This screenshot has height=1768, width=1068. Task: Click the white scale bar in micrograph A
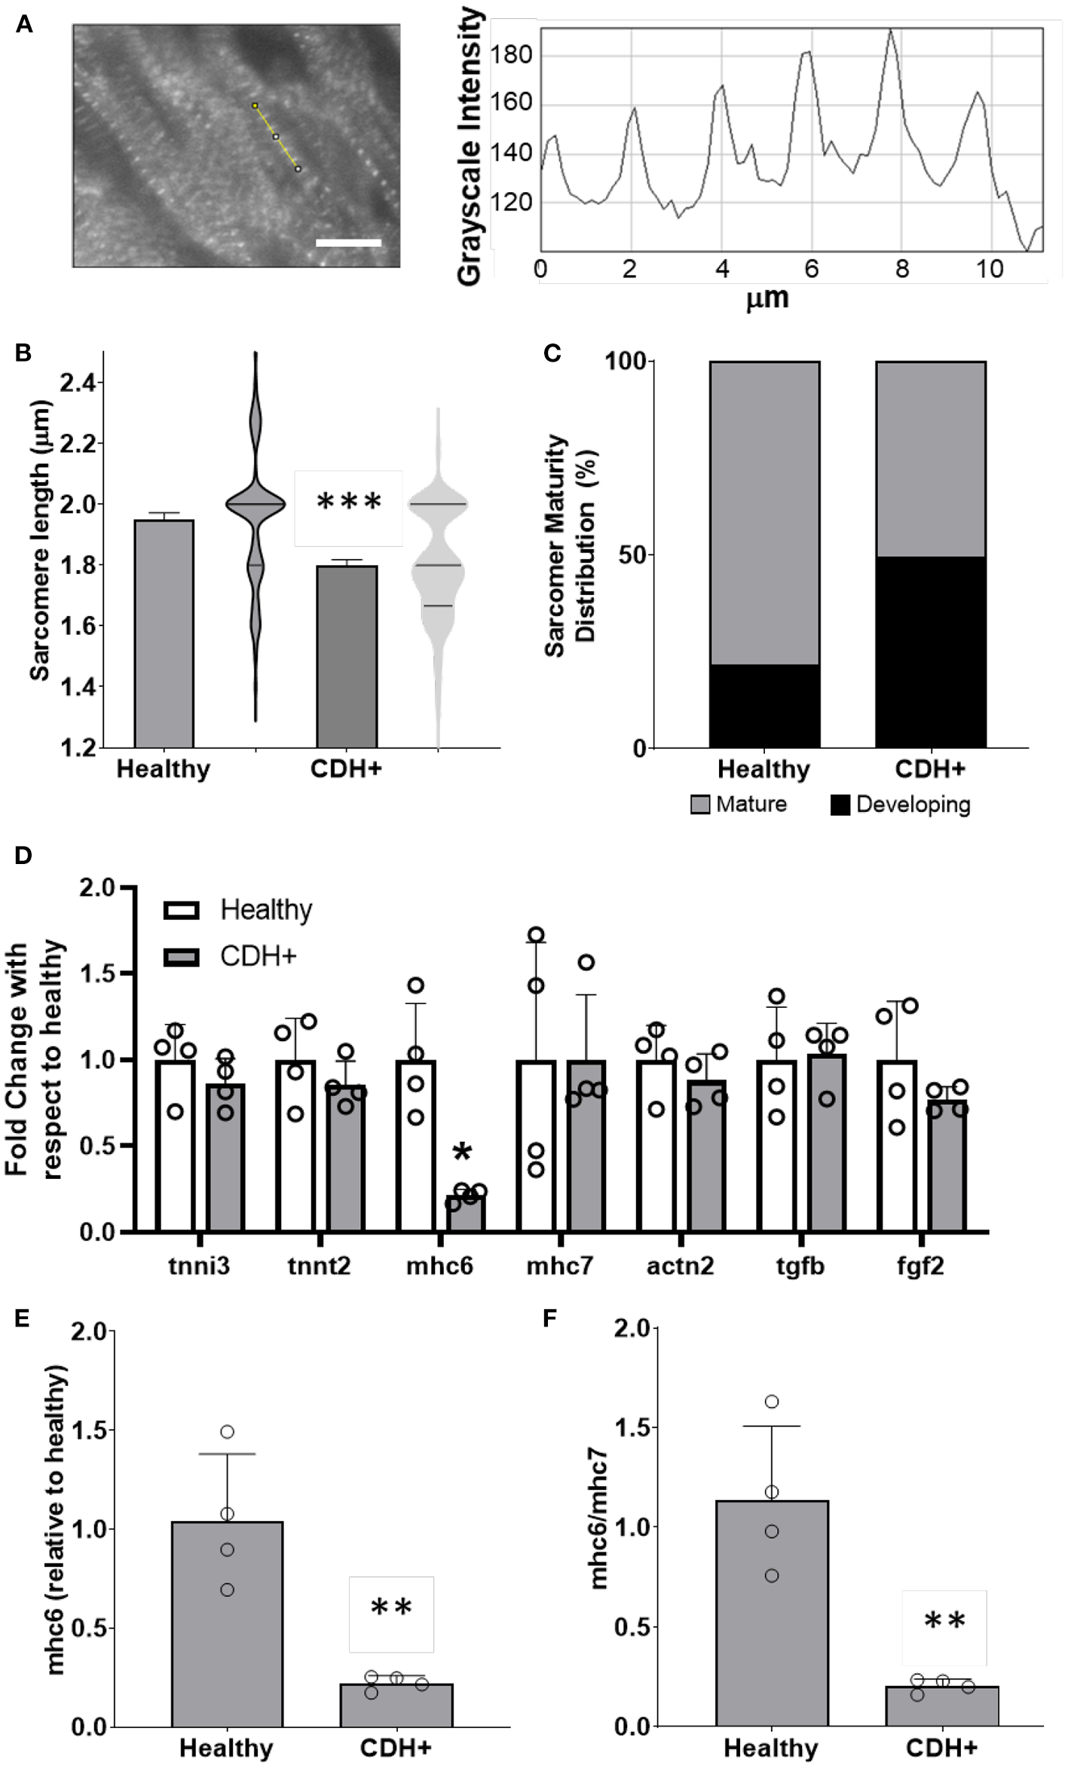pyautogui.click(x=348, y=243)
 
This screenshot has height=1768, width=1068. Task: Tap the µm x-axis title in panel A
pyautogui.click(x=767, y=298)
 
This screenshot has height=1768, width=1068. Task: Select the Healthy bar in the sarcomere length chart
pyautogui.click(x=164, y=633)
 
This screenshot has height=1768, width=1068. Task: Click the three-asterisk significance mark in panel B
pyautogui.click(x=349, y=502)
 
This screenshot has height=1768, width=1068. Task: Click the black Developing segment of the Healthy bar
pyautogui.click(x=764, y=705)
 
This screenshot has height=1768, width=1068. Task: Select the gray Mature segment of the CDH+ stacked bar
pyautogui.click(x=930, y=460)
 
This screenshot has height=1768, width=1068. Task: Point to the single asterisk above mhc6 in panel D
pyautogui.click(x=463, y=1152)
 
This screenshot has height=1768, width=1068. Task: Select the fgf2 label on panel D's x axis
pyautogui.click(x=920, y=1266)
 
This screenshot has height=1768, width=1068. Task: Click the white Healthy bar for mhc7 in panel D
pyautogui.click(x=536, y=1145)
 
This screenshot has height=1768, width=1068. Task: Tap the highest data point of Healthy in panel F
pyautogui.click(x=772, y=1402)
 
